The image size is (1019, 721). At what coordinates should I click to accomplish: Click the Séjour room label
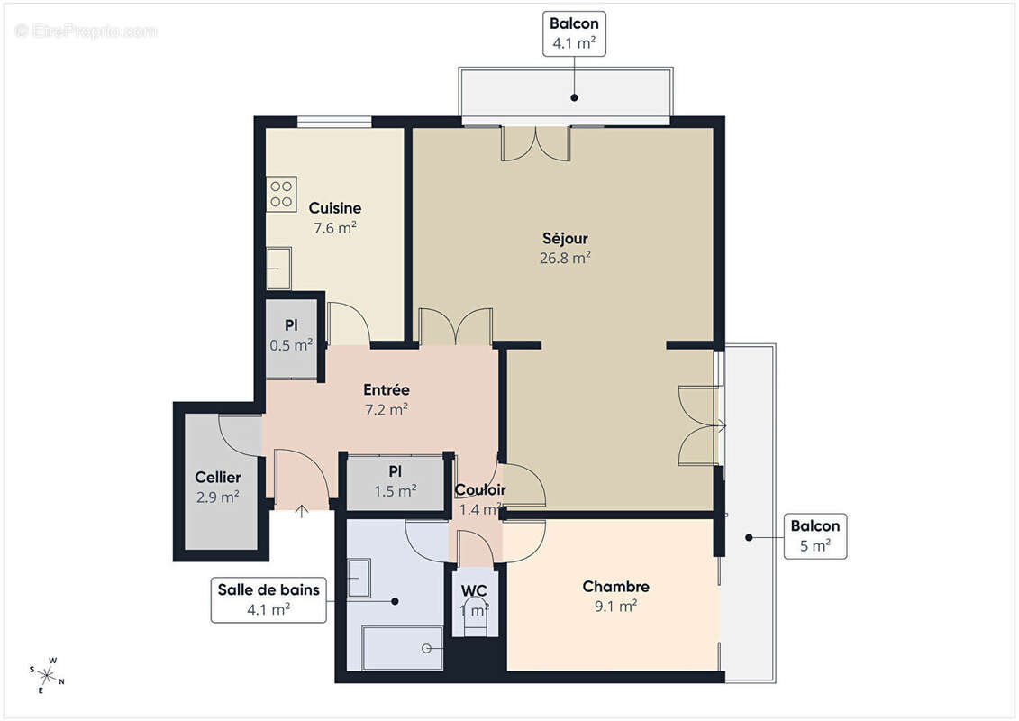565,239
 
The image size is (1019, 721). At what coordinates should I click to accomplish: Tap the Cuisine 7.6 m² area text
334,228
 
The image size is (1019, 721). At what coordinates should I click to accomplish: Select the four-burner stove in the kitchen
281,194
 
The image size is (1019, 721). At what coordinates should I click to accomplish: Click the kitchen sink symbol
278,268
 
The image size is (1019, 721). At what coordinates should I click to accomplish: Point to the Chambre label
615,587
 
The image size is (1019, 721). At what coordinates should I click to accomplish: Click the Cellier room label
217,478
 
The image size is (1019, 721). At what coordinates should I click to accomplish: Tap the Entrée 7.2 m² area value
386,408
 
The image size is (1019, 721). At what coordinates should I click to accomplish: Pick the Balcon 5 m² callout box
814,536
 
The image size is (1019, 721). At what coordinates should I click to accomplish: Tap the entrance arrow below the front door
301,511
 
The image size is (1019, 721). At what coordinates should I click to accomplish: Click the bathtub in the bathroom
402,648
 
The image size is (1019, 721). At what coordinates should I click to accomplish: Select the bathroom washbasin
359,578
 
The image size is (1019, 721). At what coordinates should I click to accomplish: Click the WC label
474,590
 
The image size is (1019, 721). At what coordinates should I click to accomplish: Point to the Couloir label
479,490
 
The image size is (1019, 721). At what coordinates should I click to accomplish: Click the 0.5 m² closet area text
291,344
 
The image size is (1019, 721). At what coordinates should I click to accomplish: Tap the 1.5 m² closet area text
395,491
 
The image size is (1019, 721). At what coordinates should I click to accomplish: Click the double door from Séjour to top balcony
535,143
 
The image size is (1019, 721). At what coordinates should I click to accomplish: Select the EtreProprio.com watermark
86,31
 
